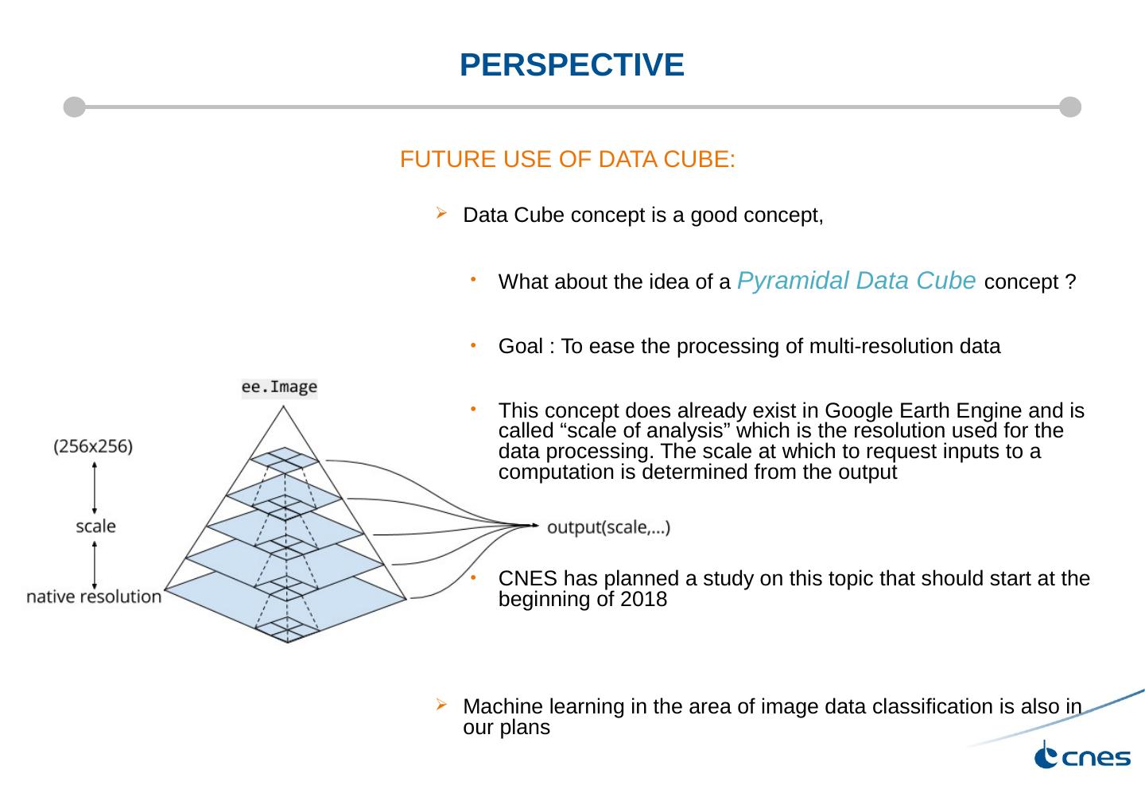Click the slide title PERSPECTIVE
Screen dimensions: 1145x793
point(572,65)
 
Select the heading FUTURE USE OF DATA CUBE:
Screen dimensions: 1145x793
point(567,160)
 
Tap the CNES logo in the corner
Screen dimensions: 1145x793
point(1082,756)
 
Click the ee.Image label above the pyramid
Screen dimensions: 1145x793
point(279,387)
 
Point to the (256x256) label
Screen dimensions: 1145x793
point(93,446)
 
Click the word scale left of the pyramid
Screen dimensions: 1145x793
point(95,526)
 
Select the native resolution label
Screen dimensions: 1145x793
point(94,597)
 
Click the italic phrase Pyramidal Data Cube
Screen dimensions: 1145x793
point(857,280)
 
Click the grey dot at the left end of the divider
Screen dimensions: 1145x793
point(74,107)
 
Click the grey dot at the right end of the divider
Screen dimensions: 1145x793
point(1070,107)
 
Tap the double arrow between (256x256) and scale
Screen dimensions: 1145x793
point(95,488)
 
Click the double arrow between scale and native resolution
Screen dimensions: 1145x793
point(95,564)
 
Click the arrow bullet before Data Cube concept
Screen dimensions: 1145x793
point(441,213)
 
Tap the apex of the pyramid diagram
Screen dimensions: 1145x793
point(282,407)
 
